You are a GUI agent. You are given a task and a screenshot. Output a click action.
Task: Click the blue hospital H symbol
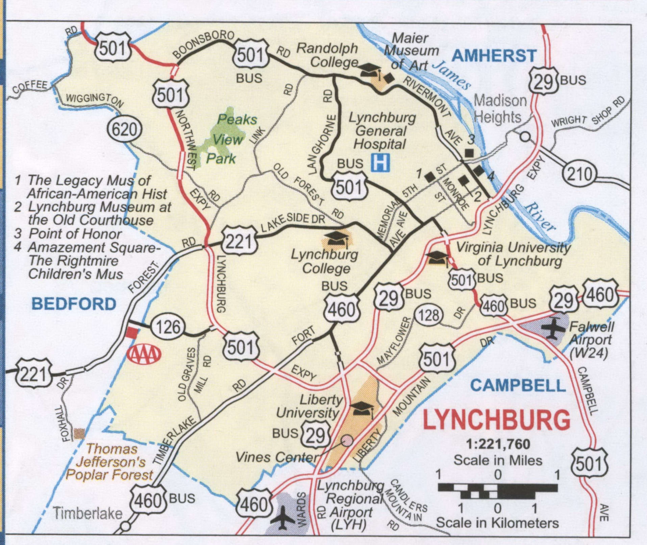tap(380, 163)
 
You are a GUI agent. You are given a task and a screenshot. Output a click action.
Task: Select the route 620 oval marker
tap(125, 130)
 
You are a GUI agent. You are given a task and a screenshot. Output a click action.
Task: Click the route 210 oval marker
tap(579, 174)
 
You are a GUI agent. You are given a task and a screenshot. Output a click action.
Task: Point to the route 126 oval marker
tap(168, 327)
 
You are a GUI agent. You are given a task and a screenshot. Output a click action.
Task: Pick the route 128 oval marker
tap(428, 315)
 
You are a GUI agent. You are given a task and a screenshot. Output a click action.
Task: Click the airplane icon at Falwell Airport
tap(553, 328)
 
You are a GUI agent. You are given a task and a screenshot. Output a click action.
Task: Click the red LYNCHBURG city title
tap(496, 420)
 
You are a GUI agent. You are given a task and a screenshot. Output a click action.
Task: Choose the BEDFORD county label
tap(74, 304)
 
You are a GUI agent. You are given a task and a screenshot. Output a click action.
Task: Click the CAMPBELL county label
tap(518, 385)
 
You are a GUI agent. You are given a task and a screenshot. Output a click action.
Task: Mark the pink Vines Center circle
tap(347, 440)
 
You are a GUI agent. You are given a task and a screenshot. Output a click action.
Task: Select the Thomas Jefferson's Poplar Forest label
tap(110, 462)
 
